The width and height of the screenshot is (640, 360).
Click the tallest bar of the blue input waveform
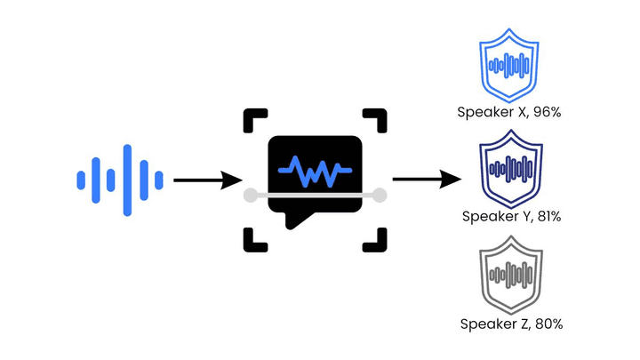tap(127, 180)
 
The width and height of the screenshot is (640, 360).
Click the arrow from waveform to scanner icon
tap(208, 180)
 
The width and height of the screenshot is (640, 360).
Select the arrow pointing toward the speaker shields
tap(427, 179)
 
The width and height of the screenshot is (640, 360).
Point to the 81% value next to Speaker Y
tap(549, 216)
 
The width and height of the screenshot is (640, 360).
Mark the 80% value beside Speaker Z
tap(548, 324)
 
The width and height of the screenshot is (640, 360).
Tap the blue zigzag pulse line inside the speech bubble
tap(315, 170)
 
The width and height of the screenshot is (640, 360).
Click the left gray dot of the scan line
tap(250, 195)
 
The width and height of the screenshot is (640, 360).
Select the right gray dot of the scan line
tap(380, 195)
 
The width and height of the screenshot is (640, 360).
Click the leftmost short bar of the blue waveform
tap(81, 180)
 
